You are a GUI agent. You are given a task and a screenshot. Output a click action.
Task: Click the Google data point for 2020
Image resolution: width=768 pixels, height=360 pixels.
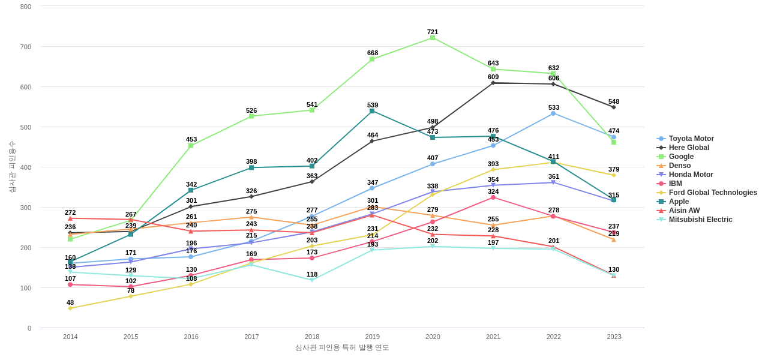click(433, 38)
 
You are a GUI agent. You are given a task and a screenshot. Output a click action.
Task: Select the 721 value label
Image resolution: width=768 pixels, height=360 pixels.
click(433, 32)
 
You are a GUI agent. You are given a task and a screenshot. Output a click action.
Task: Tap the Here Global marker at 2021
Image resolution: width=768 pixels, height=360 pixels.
click(493, 83)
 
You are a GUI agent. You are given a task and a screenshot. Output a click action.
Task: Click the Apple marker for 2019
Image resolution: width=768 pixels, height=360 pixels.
click(372, 111)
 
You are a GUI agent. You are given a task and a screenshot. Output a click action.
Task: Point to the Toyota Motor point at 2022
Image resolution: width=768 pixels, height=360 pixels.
click(553, 113)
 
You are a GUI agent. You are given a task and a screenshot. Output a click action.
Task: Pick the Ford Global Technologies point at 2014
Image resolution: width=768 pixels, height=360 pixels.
click(70, 308)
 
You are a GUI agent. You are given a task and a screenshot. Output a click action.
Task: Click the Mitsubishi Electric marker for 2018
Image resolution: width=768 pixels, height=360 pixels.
click(312, 280)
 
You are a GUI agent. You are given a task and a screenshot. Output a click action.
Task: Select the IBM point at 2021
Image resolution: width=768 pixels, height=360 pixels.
click(493, 197)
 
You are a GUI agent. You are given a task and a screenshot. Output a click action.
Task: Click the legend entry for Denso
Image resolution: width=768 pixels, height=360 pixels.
click(680, 166)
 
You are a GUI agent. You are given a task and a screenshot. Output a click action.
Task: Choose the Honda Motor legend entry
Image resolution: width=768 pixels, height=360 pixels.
click(691, 175)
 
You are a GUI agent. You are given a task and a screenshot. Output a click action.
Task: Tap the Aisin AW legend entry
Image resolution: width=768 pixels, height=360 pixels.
click(684, 211)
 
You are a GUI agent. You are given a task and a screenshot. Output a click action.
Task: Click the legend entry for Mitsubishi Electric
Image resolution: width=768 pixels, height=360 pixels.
click(700, 220)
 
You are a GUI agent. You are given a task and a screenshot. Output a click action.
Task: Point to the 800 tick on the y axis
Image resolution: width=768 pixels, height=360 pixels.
click(26, 7)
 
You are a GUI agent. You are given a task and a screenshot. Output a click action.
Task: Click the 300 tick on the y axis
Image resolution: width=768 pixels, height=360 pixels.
click(26, 208)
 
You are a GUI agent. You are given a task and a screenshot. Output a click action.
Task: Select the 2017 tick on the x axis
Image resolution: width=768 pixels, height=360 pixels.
click(251, 337)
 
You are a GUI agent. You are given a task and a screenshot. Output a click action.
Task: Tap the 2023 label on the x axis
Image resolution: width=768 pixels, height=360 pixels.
click(614, 337)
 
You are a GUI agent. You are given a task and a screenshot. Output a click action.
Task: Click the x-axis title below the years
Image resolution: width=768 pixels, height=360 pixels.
click(342, 347)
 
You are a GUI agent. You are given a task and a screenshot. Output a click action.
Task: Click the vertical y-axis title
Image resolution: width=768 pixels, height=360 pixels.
click(12, 167)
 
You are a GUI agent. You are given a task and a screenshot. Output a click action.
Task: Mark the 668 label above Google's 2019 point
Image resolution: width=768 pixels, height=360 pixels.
click(373, 53)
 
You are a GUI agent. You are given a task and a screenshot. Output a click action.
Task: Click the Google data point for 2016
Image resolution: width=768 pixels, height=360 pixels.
click(191, 146)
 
